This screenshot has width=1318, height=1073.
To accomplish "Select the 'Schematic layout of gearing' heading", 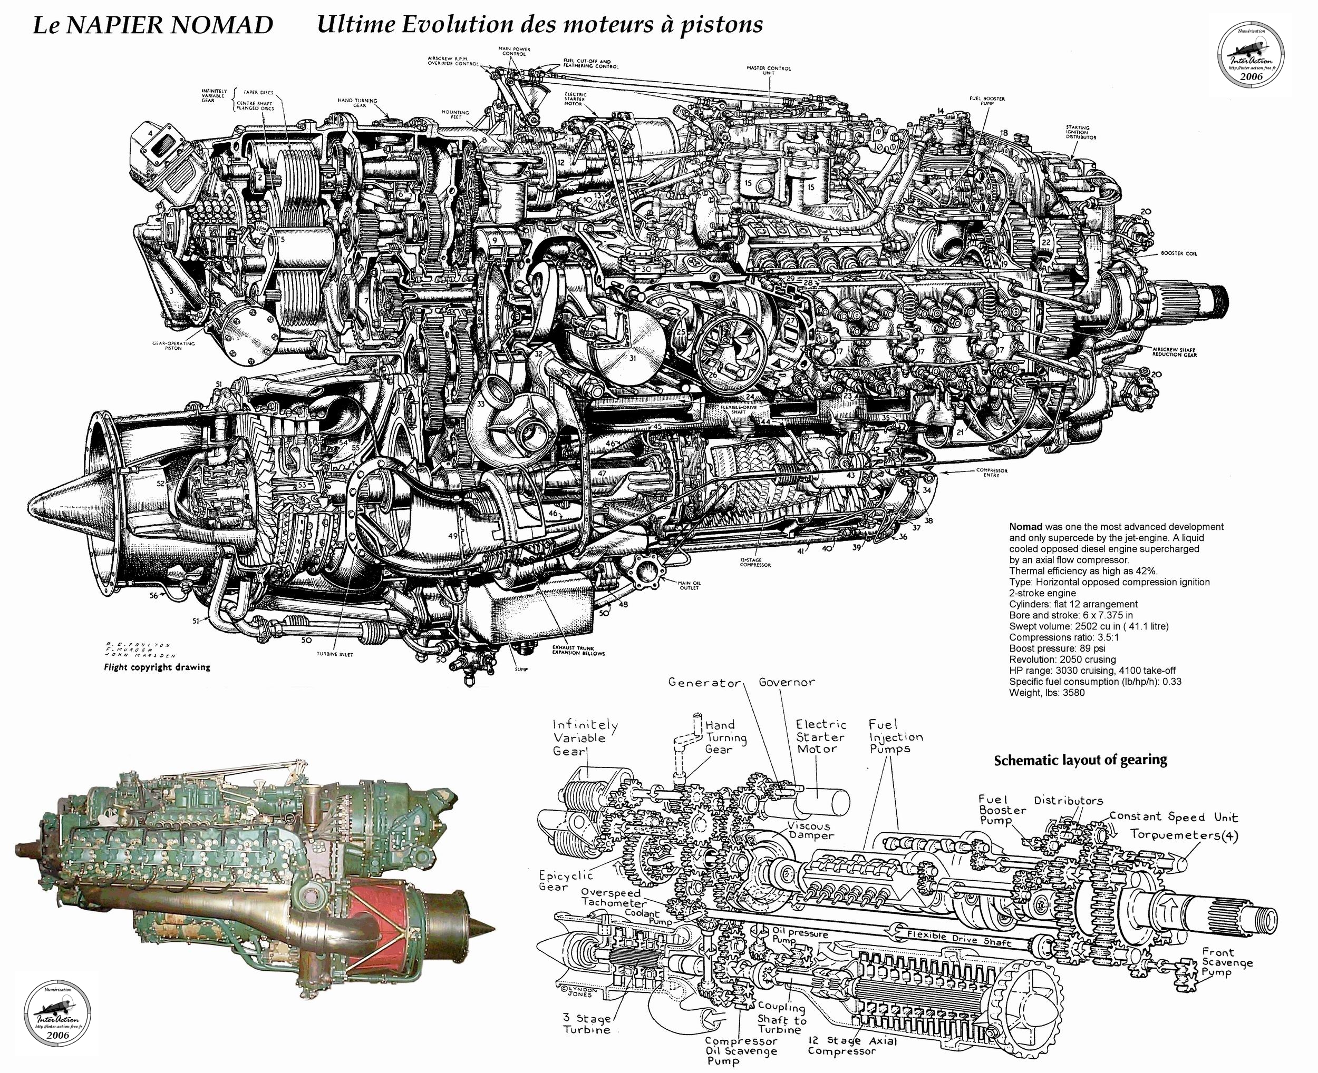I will (1080, 760).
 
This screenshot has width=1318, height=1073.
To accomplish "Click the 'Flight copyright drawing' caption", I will (157, 667).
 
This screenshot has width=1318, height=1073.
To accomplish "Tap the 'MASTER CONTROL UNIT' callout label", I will (769, 71).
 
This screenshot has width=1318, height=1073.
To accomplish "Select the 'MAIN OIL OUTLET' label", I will (690, 585).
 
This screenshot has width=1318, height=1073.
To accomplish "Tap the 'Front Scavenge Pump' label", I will (1226, 963).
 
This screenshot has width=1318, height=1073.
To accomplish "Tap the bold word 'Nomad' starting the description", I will (1025, 527).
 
